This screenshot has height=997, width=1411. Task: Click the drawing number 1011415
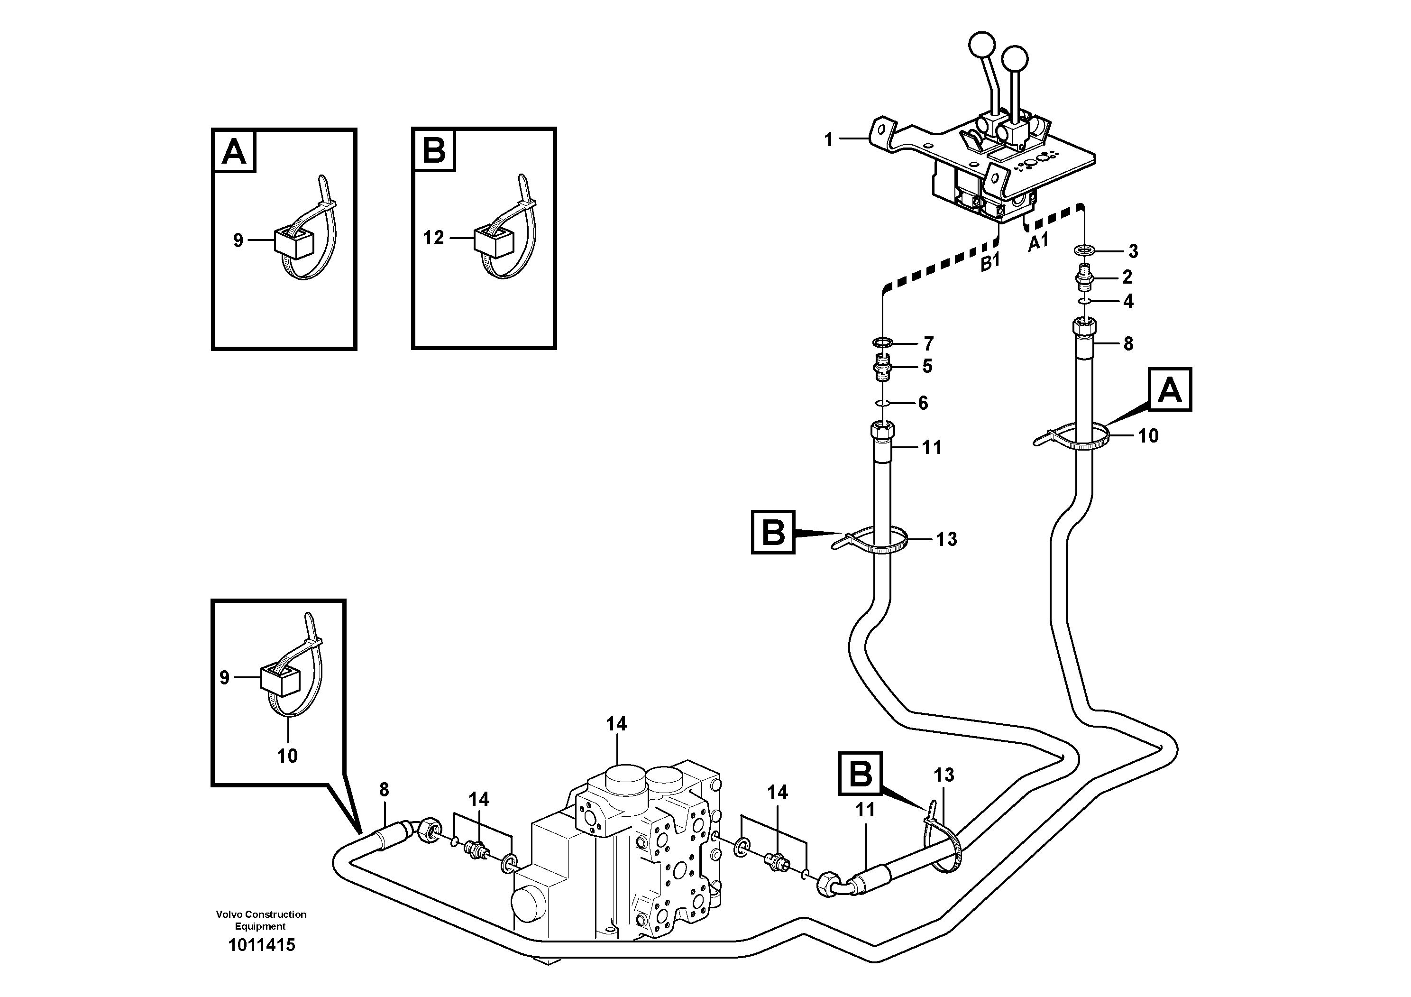[261, 945]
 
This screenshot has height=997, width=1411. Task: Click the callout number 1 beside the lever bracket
[828, 140]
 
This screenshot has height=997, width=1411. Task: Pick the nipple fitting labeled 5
[883, 368]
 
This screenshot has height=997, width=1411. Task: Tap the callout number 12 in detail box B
[433, 238]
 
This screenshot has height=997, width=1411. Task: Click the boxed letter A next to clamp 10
[1169, 390]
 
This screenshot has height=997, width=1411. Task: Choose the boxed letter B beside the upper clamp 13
[773, 532]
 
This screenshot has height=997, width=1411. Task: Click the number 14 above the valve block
[616, 725]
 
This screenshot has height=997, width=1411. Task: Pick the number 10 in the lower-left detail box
[287, 756]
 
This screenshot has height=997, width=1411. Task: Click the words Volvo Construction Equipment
[261, 920]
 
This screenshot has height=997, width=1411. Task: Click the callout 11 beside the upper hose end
[932, 447]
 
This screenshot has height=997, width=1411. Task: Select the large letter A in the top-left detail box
[234, 151]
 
